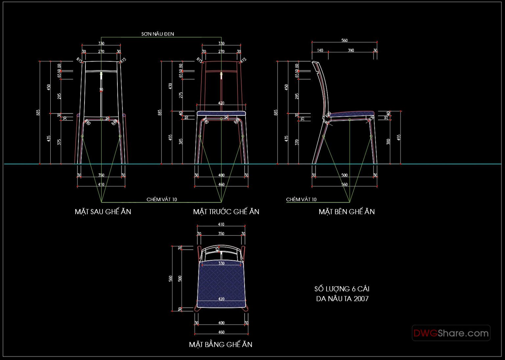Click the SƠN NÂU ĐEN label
coord(157,34)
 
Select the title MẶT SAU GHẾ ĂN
coord(103,212)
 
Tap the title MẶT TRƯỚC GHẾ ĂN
coord(226,212)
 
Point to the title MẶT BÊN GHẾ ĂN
coord(347,212)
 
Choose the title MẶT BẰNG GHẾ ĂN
coord(221,345)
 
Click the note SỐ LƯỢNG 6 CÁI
coord(342,289)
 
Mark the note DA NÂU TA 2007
coord(342,299)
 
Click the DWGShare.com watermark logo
coord(451,333)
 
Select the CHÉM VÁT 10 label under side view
coord(301,200)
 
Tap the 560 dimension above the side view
coord(344,40)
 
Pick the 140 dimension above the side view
coord(320,50)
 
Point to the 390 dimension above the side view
coord(351,50)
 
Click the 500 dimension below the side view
coord(344,175)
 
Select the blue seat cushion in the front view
coord(221,113)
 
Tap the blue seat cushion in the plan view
coord(221,283)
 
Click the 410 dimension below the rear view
coord(101,184)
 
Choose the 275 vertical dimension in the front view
coord(181,95)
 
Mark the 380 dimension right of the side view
coord(388,141)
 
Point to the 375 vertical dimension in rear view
coord(59,142)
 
